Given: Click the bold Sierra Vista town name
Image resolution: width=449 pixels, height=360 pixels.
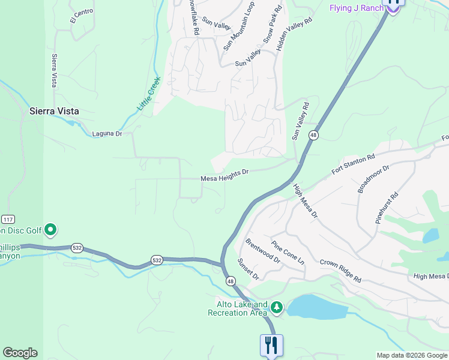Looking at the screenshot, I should tap(55, 111).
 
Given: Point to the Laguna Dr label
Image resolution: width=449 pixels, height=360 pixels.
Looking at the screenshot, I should tap(107, 134).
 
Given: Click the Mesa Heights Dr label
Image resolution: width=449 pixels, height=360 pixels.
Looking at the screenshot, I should tap(224, 175).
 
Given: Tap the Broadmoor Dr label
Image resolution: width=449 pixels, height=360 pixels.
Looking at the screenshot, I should tap(373, 178).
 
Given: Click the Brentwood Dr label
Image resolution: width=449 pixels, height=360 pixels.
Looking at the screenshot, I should tap(263, 251).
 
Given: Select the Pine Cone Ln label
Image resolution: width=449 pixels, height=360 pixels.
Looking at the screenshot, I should tap(288, 254).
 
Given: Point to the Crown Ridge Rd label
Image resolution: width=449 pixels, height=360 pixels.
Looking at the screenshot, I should tap(340, 271).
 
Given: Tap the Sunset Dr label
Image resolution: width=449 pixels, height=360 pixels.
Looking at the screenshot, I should tap(247, 269).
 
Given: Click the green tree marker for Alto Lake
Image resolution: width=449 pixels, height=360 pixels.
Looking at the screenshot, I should tap(276, 308).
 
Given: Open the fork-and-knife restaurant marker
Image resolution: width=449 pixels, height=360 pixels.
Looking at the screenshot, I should tap(271, 346).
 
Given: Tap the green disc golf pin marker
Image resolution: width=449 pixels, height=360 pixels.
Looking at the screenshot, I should tap(50, 229).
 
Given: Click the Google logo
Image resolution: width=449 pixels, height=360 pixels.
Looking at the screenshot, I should tap(20, 353).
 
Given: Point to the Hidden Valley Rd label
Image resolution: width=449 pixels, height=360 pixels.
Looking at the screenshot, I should tap(295, 33).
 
